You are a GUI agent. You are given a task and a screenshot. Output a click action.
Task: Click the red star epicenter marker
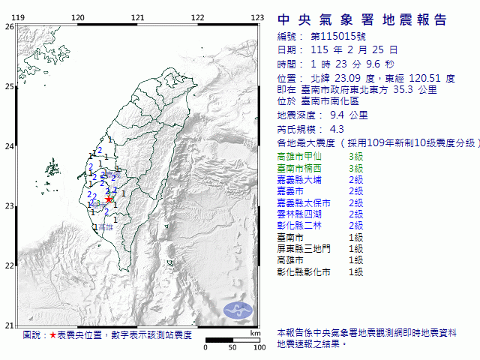(109, 199)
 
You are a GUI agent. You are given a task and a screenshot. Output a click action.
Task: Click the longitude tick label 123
(257, 17)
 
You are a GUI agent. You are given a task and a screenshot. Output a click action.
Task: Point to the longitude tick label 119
(19, 17)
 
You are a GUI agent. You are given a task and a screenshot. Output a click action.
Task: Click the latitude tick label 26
(9, 26)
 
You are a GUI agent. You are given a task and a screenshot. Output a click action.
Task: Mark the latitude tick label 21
(9, 325)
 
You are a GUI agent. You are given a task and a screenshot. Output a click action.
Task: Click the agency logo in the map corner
(239, 308)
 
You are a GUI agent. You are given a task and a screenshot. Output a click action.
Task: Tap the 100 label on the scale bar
(259, 348)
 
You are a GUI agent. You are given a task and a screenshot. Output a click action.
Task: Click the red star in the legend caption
(52, 335)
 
